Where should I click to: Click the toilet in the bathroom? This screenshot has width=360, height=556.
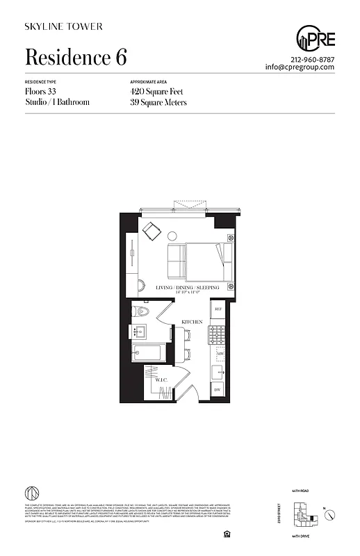click(x=138, y=311)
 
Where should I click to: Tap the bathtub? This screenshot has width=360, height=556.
click(x=148, y=352)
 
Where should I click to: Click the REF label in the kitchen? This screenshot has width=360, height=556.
click(x=218, y=309)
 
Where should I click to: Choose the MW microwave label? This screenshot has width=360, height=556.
click(x=219, y=354)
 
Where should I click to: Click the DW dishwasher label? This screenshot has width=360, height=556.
click(x=217, y=390)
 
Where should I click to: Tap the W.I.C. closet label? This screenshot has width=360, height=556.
click(x=154, y=380)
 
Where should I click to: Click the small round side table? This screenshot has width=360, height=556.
click(x=141, y=284)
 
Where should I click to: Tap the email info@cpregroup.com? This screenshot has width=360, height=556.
click(x=300, y=67)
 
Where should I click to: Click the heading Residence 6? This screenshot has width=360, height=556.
click(x=76, y=56)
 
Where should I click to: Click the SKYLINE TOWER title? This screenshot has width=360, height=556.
click(x=63, y=26)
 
